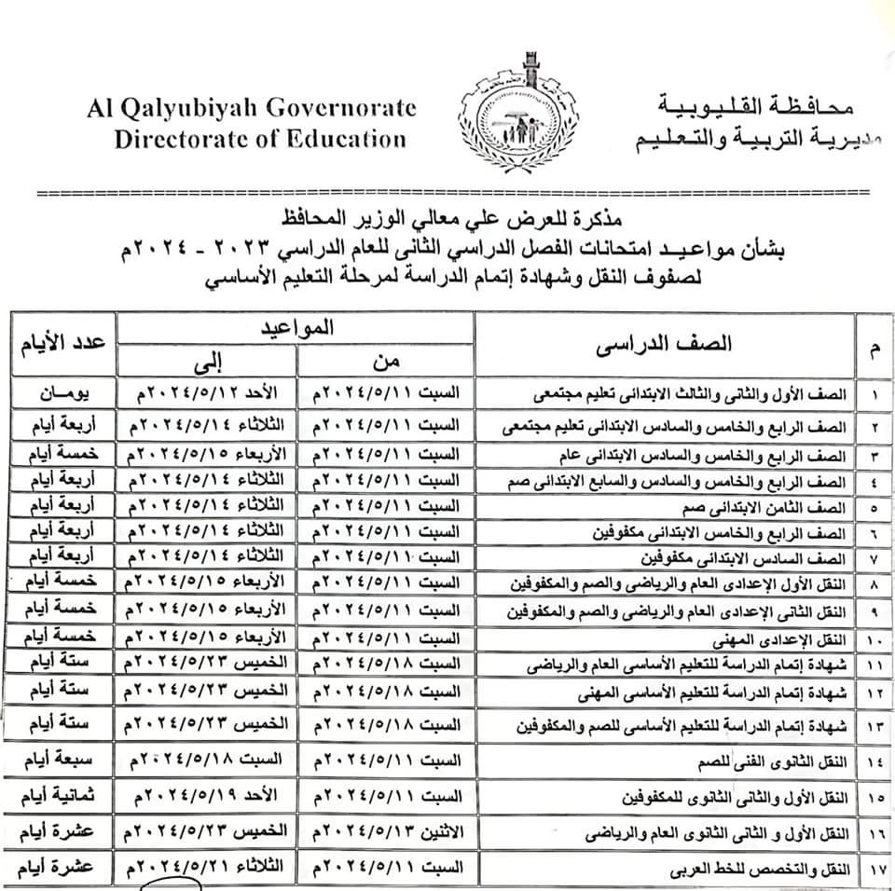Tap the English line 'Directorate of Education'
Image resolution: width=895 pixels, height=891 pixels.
[260, 140]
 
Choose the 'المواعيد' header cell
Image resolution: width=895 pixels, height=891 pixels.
[296, 327]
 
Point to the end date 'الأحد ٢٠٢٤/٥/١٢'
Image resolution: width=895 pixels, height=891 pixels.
[206, 394]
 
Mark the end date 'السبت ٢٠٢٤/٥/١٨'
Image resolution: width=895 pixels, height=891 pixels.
[206, 763]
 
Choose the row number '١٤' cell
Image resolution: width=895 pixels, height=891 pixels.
[874, 763]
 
